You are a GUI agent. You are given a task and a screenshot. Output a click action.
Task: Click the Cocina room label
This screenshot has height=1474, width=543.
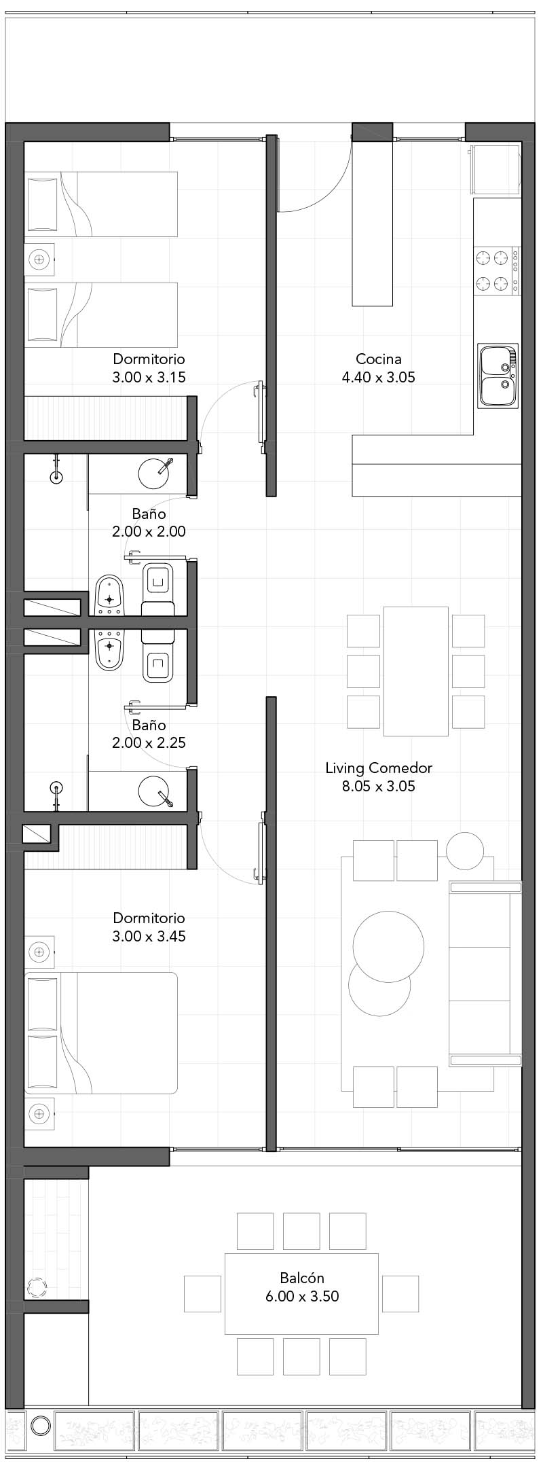[x=379, y=359]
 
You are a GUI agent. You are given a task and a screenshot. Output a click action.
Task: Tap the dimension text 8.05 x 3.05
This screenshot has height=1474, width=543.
[x=379, y=787]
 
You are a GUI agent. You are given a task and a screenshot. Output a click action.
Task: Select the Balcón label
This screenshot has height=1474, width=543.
[x=302, y=1278]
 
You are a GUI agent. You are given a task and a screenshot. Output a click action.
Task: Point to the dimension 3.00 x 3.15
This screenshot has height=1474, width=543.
[x=149, y=377]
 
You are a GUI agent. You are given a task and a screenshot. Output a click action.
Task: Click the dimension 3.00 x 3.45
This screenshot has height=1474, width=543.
[x=149, y=936]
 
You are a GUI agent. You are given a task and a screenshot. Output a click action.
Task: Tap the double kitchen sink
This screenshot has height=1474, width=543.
[x=498, y=376]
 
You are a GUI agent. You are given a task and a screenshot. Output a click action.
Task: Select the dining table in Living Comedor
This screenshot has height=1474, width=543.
[x=416, y=671]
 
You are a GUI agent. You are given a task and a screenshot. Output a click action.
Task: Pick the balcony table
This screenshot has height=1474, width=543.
[x=302, y=1294]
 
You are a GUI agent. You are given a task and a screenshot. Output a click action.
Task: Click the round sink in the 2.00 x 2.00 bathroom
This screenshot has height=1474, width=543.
[x=154, y=473]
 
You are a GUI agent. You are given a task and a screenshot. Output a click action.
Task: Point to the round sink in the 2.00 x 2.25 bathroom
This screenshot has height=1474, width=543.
[x=154, y=792]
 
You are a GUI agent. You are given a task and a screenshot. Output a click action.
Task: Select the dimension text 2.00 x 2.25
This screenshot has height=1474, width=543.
[x=149, y=742]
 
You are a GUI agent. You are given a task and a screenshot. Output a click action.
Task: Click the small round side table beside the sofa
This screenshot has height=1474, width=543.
[x=465, y=850]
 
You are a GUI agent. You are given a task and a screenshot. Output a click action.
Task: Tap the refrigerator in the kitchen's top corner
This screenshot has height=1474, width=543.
[x=496, y=170]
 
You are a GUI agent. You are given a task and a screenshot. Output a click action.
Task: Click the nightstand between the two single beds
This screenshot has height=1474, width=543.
[x=39, y=259]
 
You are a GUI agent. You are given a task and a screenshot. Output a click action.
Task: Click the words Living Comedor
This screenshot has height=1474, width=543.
[x=379, y=768]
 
